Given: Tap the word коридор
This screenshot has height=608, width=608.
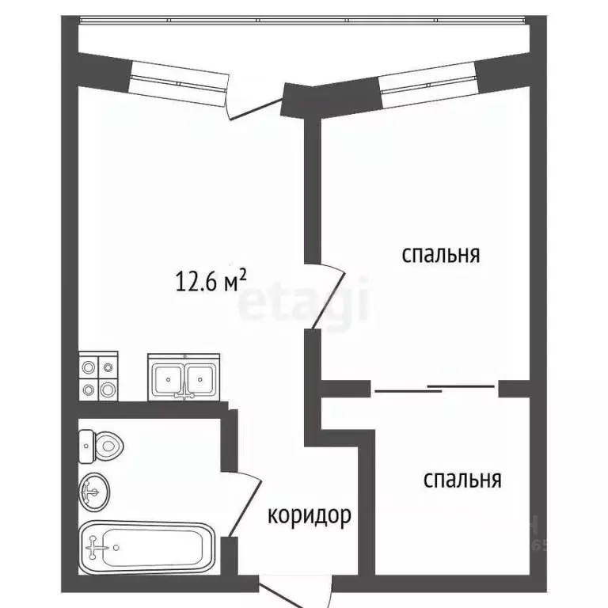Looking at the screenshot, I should point(309,516).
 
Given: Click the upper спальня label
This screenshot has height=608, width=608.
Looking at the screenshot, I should point(442,255).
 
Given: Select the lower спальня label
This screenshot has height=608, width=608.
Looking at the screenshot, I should point(462,479).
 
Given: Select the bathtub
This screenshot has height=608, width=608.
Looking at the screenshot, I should point(147,545).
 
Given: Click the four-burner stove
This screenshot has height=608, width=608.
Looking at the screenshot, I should point(98,378).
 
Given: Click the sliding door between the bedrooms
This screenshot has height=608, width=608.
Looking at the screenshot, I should point(435,387).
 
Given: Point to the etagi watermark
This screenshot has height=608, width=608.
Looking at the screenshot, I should point(304,301).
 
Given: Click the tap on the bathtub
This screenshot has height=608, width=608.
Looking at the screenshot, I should point(100,545).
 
